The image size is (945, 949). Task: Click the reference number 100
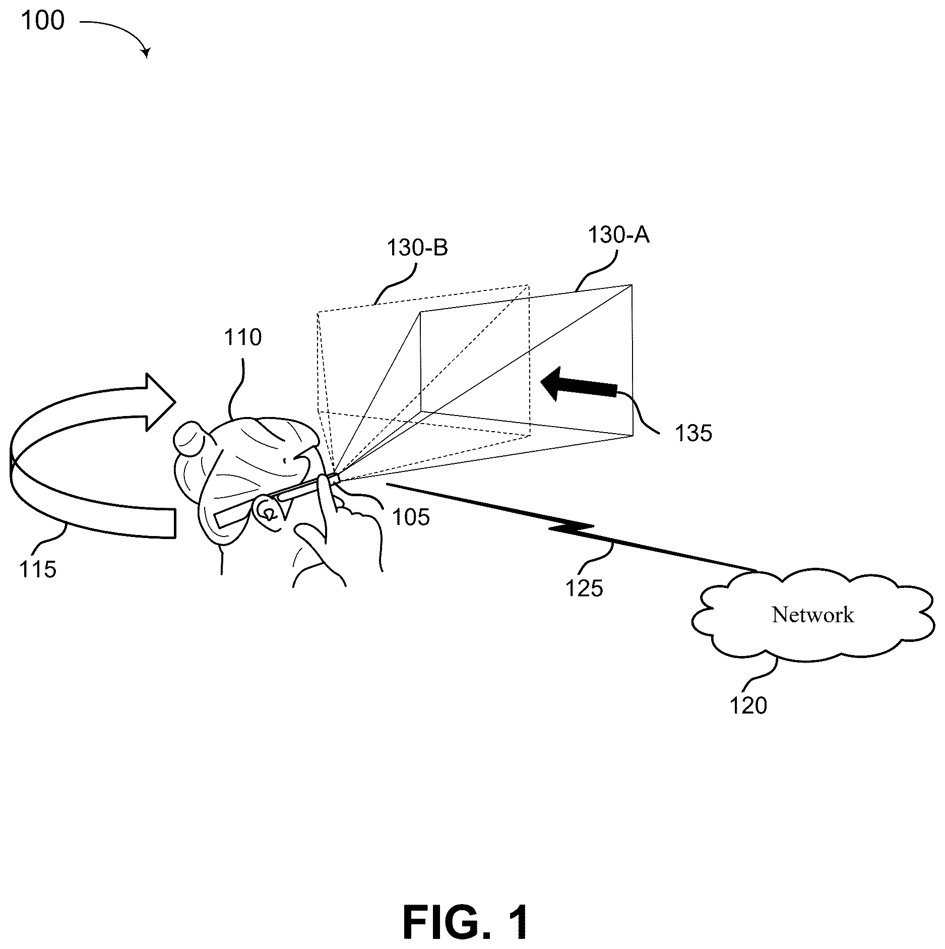43,21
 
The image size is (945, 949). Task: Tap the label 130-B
417,248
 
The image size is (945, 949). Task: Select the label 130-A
619,235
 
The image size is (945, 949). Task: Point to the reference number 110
243,337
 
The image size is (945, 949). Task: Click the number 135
694,433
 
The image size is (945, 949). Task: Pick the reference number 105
411,517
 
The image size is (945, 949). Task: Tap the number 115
38,569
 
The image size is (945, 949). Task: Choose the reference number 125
584,588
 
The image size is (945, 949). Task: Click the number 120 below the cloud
748,705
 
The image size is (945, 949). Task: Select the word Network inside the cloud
813,615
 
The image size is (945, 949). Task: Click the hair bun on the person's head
189,439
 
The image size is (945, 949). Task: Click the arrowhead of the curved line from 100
147,53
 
